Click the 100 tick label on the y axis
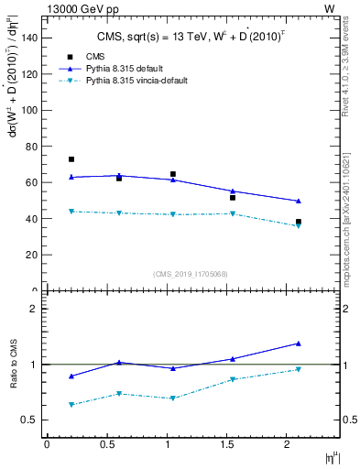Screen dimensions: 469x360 point(29,110)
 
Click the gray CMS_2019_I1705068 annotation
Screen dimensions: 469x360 point(190,273)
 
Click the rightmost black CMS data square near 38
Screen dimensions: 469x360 point(299,222)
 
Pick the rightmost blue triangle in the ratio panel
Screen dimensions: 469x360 point(299,344)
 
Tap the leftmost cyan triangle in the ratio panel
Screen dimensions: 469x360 point(71,404)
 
